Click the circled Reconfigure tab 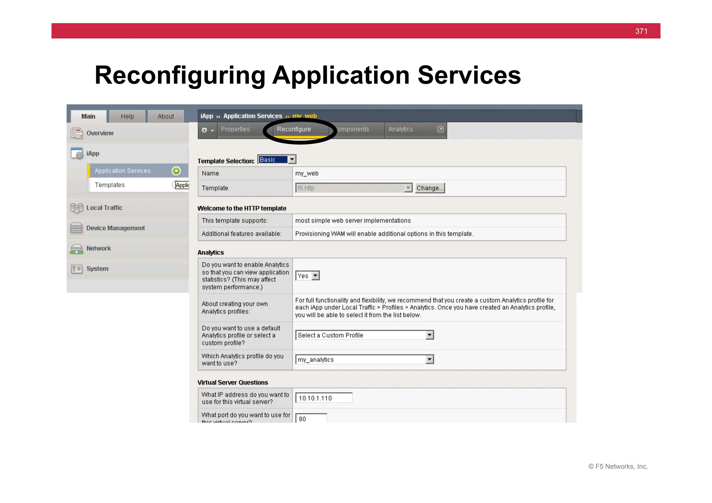(x=294, y=129)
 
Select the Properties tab (x=235, y=129)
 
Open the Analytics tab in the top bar (x=400, y=129)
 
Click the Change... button (x=430, y=188)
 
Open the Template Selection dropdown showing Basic (x=277, y=160)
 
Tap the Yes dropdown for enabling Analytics (x=307, y=276)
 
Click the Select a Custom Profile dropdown (x=364, y=335)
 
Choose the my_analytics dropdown (x=364, y=359)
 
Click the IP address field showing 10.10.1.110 (x=324, y=398)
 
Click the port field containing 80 (x=311, y=419)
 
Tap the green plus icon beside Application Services (x=176, y=171)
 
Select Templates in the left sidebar (x=110, y=185)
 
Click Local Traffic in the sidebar (x=104, y=208)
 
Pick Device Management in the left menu (x=115, y=228)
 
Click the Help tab (x=127, y=116)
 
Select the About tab (x=165, y=116)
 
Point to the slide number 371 (x=641, y=31)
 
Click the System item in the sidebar (x=97, y=269)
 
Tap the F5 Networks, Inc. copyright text (x=618, y=467)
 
